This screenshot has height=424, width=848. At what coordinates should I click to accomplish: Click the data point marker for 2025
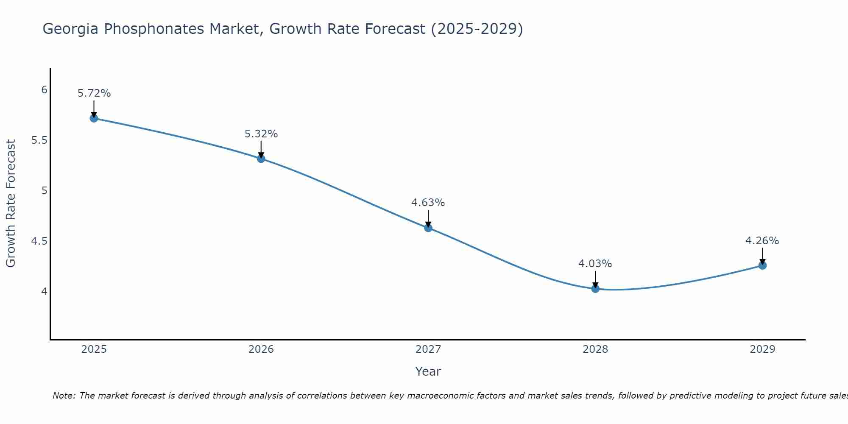[x=94, y=118]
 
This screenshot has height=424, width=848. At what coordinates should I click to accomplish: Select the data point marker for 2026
[x=261, y=159]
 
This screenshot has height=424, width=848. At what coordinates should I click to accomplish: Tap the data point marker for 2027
[x=428, y=228]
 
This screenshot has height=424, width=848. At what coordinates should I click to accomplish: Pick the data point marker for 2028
[x=595, y=289]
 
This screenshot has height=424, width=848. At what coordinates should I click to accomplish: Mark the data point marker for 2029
[x=762, y=266]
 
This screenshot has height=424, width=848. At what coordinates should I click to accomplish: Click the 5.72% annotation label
[x=94, y=93]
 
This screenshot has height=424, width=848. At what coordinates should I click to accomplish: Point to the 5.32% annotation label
[x=261, y=134]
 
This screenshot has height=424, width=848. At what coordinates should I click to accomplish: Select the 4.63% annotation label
[x=428, y=203]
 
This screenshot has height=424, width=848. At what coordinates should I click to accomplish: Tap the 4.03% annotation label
[x=595, y=264]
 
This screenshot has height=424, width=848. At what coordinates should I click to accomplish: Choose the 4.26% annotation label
[x=762, y=241]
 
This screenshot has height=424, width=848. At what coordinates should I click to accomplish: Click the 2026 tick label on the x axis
[x=261, y=349]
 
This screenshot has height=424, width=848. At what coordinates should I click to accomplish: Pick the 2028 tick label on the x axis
[x=595, y=349]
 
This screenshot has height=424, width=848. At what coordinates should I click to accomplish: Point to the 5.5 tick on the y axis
[x=39, y=140]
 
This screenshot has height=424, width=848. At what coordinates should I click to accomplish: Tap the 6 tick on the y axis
[x=44, y=90]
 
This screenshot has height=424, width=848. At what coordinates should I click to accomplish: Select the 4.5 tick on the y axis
[x=39, y=241]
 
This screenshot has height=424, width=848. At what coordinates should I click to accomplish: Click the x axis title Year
[x=428, y=371]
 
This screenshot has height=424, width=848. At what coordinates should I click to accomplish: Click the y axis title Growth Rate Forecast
[x=11, y=204]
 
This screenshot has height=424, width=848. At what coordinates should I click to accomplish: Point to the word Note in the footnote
[x=63, y=396]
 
